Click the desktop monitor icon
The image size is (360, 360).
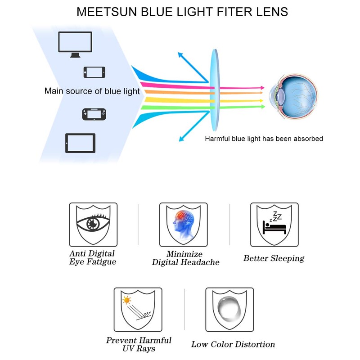pos(75,44)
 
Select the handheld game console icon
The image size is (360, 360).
pos(94,114)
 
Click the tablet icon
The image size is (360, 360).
pos(80,143)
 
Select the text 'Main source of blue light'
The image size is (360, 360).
pos(92,91)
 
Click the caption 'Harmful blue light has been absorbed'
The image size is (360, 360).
pos(264,139)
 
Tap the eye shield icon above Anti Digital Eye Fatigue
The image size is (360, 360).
pos(93,224)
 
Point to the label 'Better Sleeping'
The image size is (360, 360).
pos(274,258)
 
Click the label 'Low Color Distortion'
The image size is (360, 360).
pos(233,344)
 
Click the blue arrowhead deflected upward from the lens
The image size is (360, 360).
pos(180,55)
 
